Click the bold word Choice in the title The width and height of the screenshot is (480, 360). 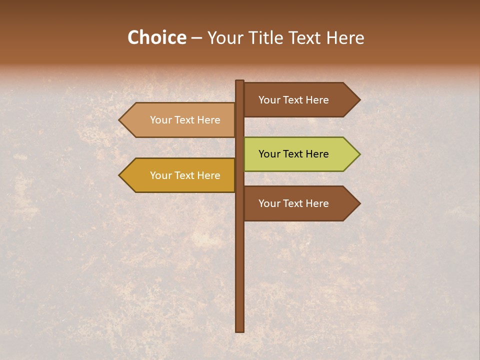[156, 38]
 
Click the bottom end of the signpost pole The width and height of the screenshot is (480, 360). [240, 330]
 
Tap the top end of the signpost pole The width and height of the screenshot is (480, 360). [240, 82]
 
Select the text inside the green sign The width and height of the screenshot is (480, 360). [293, 154]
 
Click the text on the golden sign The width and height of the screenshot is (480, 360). [185, 175]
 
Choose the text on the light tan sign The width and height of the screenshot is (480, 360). [185, 120]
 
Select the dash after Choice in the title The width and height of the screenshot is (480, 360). [196, 38]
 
